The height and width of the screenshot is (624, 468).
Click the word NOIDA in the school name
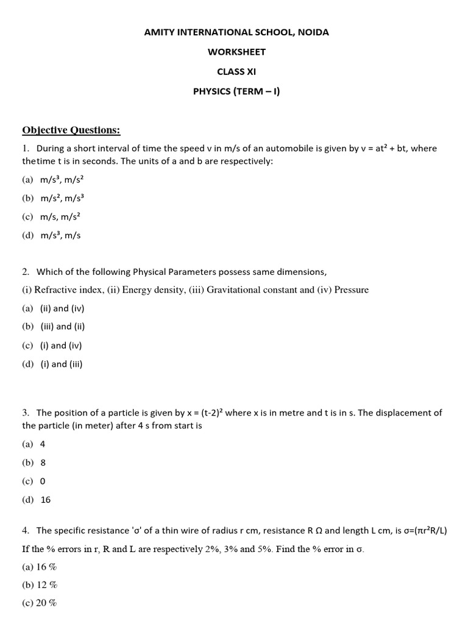point(311,32)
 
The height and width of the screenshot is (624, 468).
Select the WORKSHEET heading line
point(237,52)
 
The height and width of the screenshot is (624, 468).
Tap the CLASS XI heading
point(237,71)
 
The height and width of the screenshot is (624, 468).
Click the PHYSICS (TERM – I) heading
point(237,91)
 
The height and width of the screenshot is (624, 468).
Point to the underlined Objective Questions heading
point(71,130)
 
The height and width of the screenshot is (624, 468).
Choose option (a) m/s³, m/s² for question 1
point(60,180)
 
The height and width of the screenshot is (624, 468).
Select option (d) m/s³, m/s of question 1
point(60,235)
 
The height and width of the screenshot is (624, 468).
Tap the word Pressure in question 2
point(351,290)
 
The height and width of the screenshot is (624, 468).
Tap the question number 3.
point(26,413)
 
